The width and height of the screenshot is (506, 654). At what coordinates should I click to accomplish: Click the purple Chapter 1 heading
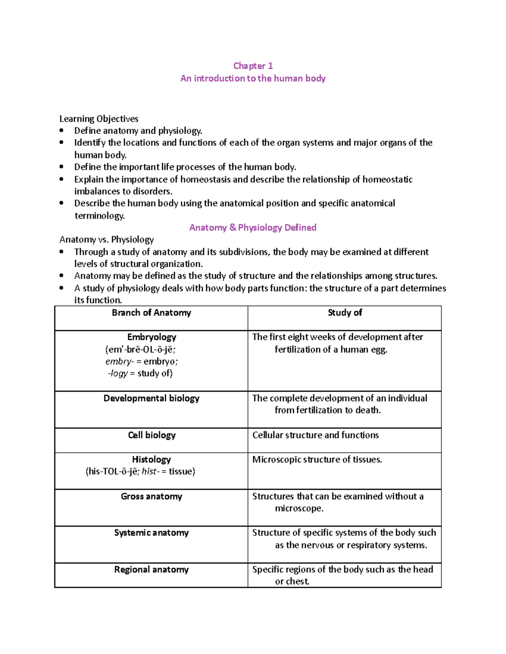(x=253, y=66)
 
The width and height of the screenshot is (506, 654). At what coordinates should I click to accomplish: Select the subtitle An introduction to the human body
(x=253, y=78)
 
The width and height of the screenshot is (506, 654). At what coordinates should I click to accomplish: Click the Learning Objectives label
(x=99, y=119)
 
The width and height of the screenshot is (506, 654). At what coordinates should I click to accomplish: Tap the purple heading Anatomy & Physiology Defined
(x=253, y=228)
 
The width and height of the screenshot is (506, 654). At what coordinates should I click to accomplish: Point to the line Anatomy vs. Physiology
(x=106, y=240)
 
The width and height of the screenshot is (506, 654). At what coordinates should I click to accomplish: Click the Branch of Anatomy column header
(x=151, y=312)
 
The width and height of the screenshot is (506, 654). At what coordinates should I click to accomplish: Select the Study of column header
(x=345, y=312)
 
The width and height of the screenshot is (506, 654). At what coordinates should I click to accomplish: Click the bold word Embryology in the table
(x=151, y=337)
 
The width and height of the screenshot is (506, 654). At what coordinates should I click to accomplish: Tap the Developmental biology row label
(x=151, y=398)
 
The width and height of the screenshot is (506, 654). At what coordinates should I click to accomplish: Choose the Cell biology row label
(x=151, y=435)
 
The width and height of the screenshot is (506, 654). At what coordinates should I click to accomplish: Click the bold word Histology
(x=151, y=459)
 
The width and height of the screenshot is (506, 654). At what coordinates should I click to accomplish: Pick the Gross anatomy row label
(x=151, y=497)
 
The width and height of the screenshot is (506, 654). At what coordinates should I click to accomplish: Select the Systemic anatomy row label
(x=151, y=533)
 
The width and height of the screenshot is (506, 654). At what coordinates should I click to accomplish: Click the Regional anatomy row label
(x=151, y=570)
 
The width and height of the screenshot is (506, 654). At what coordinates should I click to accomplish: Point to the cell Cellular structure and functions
(x=315, y=435)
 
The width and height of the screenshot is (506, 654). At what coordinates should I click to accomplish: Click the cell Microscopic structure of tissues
(x=317, y=459)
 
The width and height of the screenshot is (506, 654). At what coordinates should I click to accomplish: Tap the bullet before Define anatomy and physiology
(x=62, y=131)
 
